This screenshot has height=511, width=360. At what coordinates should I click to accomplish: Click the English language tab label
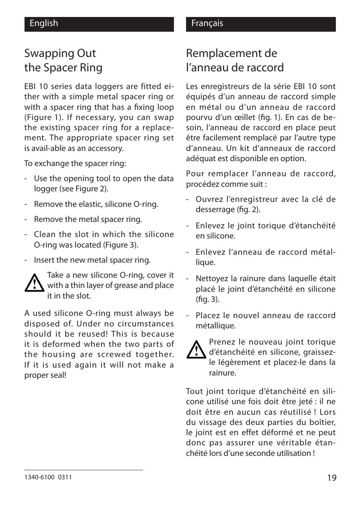tap(44, 23)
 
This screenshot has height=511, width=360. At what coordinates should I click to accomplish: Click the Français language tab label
tap(207, 23)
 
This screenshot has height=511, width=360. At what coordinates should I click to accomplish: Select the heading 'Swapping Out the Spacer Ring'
tap(63, 60)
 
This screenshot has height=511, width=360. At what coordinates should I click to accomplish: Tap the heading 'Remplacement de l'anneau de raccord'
tap(235, 60)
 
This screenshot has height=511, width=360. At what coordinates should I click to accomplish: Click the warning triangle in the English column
tap(34, 283)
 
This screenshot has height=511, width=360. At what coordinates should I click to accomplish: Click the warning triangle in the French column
tap(196, 349)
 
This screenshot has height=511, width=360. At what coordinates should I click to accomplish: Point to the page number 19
tap(331, 478)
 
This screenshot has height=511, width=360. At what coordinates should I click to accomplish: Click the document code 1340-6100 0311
tap(48, 477)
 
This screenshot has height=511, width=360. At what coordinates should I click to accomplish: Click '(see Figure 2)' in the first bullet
tap(84, 189)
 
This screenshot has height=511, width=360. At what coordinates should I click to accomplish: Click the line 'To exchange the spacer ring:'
tap(75, 163)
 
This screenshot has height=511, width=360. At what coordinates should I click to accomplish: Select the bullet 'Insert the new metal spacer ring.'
tap(92, 260)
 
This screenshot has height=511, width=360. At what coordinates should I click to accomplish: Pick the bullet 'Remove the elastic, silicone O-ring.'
tap(96, 204)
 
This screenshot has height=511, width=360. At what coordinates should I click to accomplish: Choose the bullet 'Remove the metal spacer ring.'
tap(88, 219)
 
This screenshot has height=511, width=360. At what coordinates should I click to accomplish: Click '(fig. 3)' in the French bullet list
tap(207, 299)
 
